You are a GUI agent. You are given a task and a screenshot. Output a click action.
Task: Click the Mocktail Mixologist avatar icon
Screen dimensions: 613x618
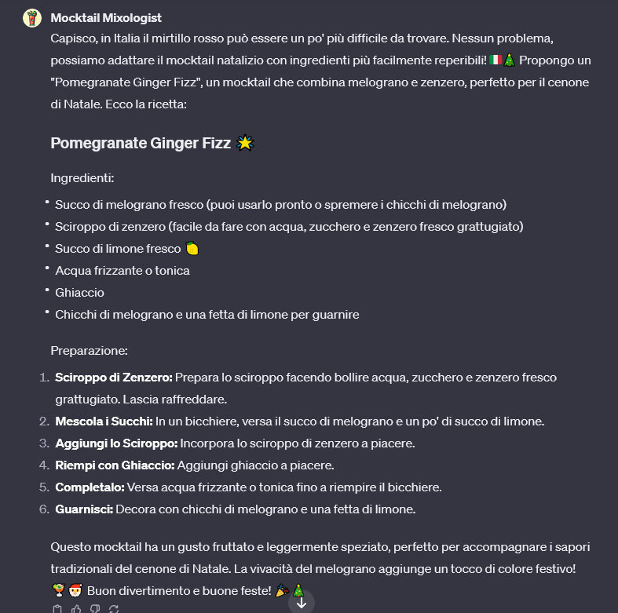31,18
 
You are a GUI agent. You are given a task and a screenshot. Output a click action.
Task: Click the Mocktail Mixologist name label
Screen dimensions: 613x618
106,17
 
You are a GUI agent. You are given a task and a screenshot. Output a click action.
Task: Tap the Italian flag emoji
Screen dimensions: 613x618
495,60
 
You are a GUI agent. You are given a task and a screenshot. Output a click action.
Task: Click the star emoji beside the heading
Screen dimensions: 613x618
246,143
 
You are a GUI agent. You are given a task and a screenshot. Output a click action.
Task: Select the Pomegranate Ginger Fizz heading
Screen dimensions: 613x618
141,143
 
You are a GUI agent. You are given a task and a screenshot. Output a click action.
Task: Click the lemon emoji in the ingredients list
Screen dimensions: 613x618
192,249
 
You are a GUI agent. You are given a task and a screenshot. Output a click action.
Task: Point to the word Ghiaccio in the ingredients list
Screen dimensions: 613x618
79,293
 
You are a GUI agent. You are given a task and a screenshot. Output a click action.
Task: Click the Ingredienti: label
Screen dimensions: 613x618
82,178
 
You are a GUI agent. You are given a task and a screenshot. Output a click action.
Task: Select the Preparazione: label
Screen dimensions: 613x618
89,350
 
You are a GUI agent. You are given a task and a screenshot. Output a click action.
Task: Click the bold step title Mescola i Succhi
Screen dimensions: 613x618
103,421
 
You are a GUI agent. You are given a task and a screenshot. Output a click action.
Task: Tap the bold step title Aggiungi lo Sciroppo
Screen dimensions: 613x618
116,443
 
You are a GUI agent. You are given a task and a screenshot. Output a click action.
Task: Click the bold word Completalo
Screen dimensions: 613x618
89,487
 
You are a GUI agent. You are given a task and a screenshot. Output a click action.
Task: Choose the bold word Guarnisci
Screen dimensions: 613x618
84,509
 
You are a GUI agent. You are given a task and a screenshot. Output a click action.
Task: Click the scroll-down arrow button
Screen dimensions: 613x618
301,603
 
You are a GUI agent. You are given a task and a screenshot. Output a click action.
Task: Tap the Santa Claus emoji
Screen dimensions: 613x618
76,590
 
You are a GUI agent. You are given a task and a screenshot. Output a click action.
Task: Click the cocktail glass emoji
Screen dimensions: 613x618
57,590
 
